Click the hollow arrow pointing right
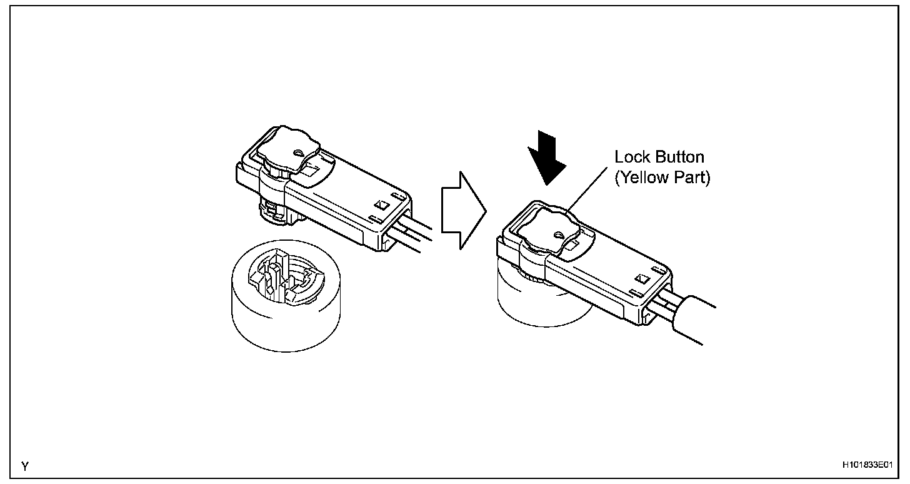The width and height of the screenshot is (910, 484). click(x=463, y=209)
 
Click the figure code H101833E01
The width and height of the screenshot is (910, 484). click(x=866, y=466)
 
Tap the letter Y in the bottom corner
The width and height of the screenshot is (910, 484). click(x=24, y=466)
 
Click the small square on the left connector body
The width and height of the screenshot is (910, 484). click(x=379, y=204)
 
